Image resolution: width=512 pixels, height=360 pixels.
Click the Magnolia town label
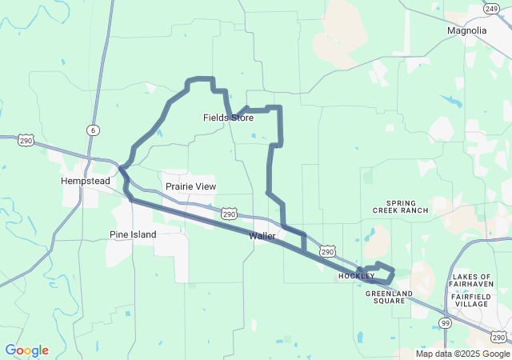pos(466,30)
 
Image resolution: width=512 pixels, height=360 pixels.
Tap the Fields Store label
pos(228,118)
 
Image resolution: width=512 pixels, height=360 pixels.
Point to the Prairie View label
pos(190,186)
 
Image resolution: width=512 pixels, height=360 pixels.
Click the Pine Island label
pos(133,234)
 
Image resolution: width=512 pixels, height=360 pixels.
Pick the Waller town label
pos(262,236)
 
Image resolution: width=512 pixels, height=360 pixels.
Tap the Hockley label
pos(356,276)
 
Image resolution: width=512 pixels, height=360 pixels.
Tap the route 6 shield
pos(94,130)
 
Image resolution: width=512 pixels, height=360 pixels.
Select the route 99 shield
pos(444,322)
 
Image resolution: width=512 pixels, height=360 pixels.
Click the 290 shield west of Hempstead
pos(26,141)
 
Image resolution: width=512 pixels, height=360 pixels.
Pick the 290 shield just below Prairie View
pos(229,214)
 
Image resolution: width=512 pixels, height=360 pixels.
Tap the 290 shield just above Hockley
pos(327,251)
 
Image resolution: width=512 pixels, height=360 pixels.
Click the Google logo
pos(26,350)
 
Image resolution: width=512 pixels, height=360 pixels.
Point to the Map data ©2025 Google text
pos(462,354)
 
